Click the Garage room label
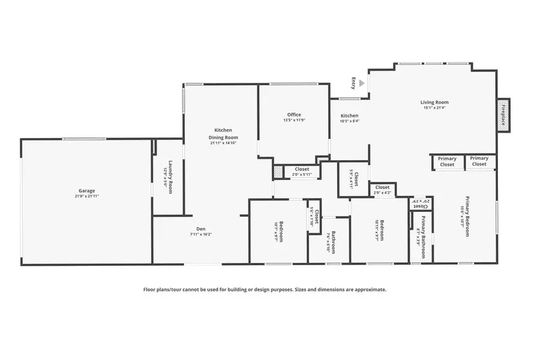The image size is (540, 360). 86,191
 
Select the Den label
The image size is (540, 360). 201,229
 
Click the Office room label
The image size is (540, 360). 294,115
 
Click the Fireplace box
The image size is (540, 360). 503,115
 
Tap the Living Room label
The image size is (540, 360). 434,103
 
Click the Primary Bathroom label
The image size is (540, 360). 422,230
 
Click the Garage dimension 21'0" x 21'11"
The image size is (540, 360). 86,196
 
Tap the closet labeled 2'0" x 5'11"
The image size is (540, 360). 302,172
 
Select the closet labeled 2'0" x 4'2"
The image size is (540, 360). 382,190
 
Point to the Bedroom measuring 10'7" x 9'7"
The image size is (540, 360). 279,230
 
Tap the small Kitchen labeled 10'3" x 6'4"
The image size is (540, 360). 349,118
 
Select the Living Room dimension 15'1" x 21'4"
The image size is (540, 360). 434,108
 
